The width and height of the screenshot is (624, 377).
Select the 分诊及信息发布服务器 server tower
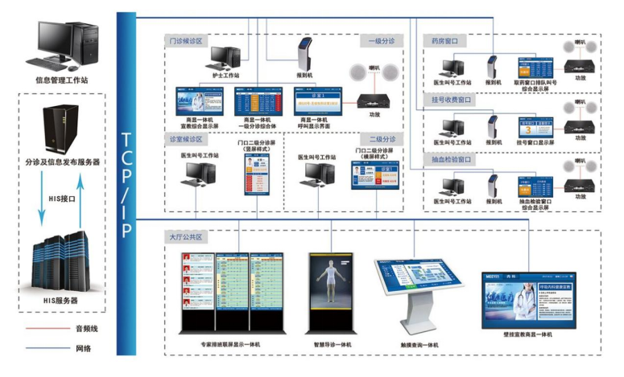coord(61,129)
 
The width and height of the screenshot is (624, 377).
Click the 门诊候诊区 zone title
coord(184,40)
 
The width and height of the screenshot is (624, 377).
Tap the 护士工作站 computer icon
coord(225,57)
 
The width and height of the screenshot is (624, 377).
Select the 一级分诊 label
coord(381,40)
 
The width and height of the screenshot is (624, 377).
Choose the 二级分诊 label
coord(381,139)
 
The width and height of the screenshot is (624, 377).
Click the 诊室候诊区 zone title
coord(184,139)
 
